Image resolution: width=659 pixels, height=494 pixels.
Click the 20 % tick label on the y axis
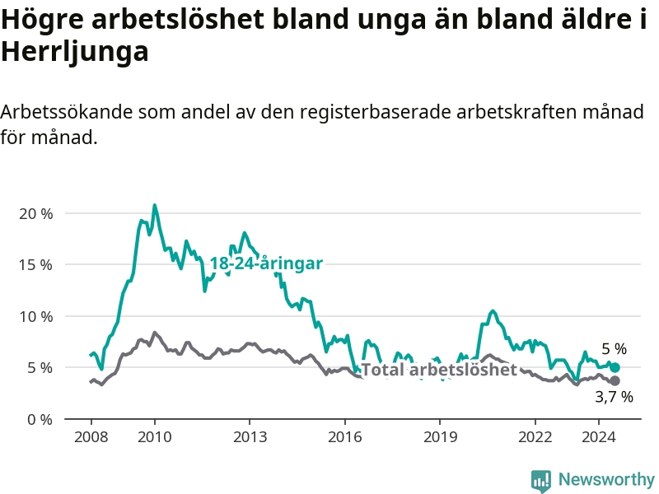(x=36, y=214)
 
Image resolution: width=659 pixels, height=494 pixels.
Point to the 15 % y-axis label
(x=36, y=265)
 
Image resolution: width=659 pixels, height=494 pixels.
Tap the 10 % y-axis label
(x=36, y=317)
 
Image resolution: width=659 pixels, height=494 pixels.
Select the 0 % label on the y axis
(x=40, y=420)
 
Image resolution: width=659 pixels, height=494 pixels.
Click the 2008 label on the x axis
(x=91, y=437)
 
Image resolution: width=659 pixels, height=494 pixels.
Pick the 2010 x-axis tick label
(x=155, y=437)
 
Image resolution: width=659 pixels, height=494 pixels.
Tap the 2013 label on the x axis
(x=250, y=437)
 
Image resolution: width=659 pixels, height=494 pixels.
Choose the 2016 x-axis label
(x=345, y=437)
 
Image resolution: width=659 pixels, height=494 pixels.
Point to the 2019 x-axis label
(x=440, y=437)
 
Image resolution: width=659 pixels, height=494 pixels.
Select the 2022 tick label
(x=535, y=437)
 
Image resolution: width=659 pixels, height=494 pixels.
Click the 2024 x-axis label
(x=599, y=437)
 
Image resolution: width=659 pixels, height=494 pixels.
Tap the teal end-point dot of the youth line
(x=615, y=367)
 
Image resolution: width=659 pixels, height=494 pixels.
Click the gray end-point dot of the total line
(x=615, y=381)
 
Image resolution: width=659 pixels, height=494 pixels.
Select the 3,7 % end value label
(x=614, y=397)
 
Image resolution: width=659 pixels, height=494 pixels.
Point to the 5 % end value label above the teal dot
(x=614, y=349)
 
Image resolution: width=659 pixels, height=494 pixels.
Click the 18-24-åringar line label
(x=266, y=263)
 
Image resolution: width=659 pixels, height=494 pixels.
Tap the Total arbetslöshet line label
(x=439, y=370)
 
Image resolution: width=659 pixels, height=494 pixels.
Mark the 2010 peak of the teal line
(x=155, y=205)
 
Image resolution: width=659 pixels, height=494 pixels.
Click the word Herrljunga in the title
(x=75, y=53)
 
